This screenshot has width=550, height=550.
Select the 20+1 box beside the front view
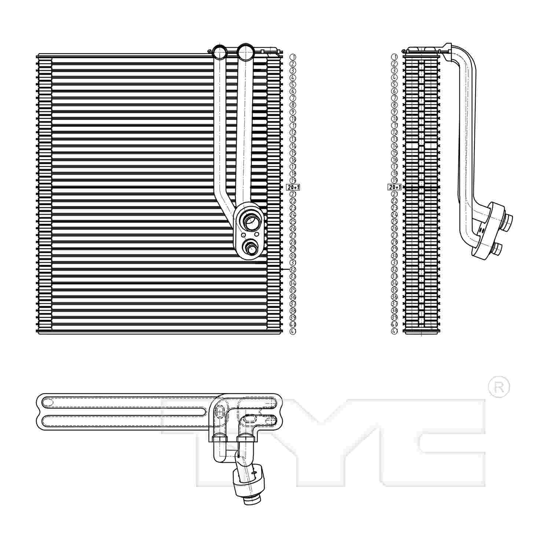click(293, 187)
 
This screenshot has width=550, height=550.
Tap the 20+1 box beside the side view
click(395, 187)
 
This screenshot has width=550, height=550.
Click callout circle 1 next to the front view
click(293, 57)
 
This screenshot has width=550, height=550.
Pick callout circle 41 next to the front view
click(293, 331)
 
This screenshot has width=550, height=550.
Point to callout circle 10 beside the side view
click(395, 119)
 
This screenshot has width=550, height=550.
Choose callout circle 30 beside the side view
click(395, 256)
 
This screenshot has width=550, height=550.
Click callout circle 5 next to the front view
click(293, 84)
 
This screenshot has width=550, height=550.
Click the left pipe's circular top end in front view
click(220, 52)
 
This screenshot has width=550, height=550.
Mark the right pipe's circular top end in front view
click(245, 52)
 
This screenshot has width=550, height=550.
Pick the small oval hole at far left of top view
click(48, 402)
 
